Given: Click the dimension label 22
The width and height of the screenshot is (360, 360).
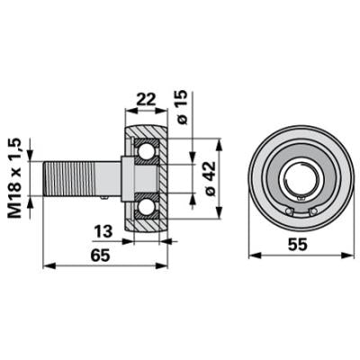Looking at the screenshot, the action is pos(146,99).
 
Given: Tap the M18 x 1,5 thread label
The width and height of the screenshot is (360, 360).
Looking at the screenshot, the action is pos(15,178).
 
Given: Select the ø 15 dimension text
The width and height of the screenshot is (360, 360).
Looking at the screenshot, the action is pos(182,107).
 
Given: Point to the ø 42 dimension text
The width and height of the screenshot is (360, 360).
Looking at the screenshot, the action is pos(210,178).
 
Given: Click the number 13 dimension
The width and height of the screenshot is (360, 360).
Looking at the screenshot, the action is pos(103,232).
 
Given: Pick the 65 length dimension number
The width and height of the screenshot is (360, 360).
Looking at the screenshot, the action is pos(101,256).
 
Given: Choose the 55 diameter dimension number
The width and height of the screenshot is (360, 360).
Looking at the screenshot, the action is pos(298,246).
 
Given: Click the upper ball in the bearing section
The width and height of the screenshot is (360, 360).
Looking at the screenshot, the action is pos(146,150).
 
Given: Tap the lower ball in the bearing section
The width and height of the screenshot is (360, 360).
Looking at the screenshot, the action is pos(146,207).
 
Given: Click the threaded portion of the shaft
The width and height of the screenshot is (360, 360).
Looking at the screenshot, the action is pos(69,178).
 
